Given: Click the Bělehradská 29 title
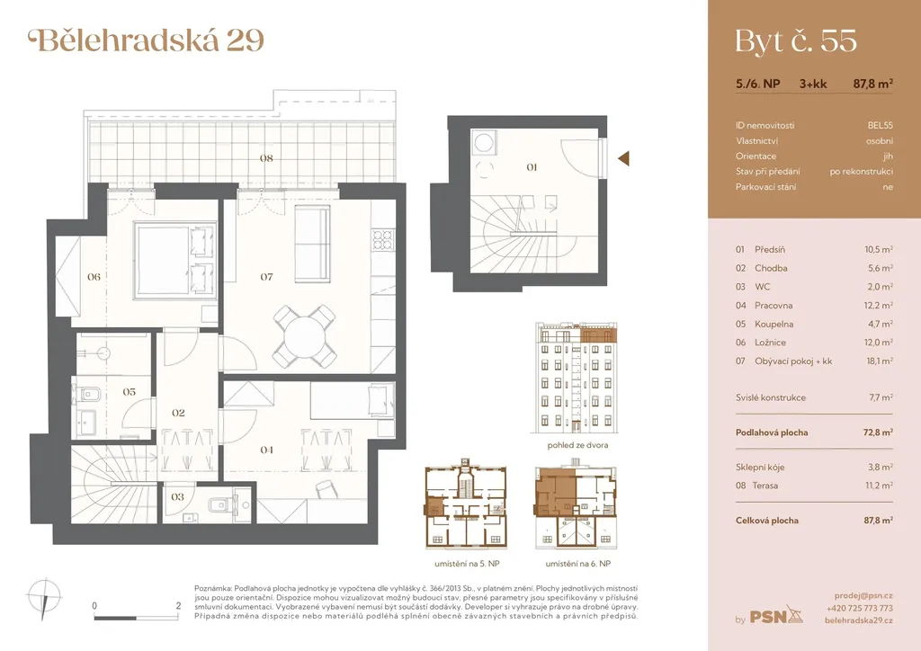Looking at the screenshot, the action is (x=147, y=40).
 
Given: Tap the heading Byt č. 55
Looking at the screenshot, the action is (x=796, y=41).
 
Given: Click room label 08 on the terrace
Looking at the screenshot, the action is (x=266, y=158).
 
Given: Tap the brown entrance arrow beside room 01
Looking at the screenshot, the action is (x=624, y=158).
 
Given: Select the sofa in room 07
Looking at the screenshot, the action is (x=312, y=245).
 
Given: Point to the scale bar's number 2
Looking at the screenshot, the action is (x=179, y=605).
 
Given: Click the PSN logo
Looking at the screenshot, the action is (x=776, y=615).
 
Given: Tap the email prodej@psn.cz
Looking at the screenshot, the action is (x=863, y=596).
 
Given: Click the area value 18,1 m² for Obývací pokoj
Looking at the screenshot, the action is (x=880, y=361).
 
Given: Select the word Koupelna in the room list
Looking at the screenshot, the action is (x=774, y=324).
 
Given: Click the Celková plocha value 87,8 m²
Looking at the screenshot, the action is (x=878, y=520).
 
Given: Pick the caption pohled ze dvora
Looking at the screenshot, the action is (x=577, y=445).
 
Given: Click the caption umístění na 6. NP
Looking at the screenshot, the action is (x=578, y=564).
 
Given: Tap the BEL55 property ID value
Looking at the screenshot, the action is (x=880, y=125).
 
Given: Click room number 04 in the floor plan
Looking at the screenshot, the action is (x=266, y=450).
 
